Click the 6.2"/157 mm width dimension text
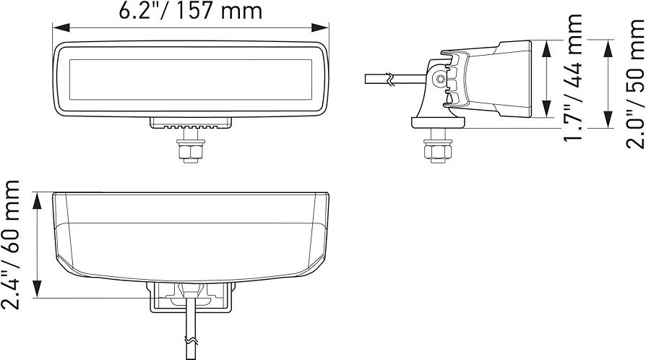coord(190,10)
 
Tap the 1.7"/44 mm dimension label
coord(573,77)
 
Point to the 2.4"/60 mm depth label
coord(10,245)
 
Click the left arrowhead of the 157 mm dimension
coord(61,27)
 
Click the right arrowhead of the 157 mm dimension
coord(320,27)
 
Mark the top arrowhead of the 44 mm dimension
coord(547,48)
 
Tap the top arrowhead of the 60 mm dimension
coord(38,201)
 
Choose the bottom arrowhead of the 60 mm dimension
coord(38,288)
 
